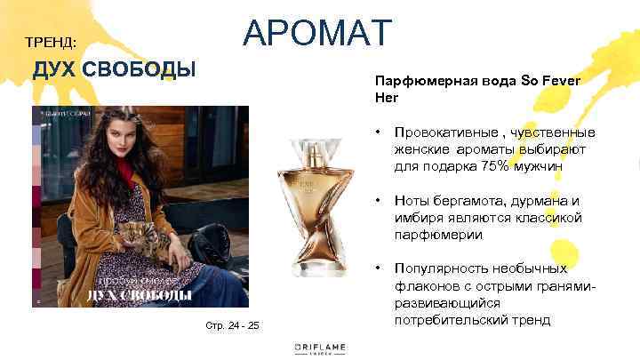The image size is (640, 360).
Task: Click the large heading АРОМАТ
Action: (316, 33)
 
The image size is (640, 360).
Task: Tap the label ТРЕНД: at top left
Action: (51, 43)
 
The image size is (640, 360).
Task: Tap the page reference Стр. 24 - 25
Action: (232, 325)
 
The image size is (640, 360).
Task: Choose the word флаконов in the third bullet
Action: (427, 285)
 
